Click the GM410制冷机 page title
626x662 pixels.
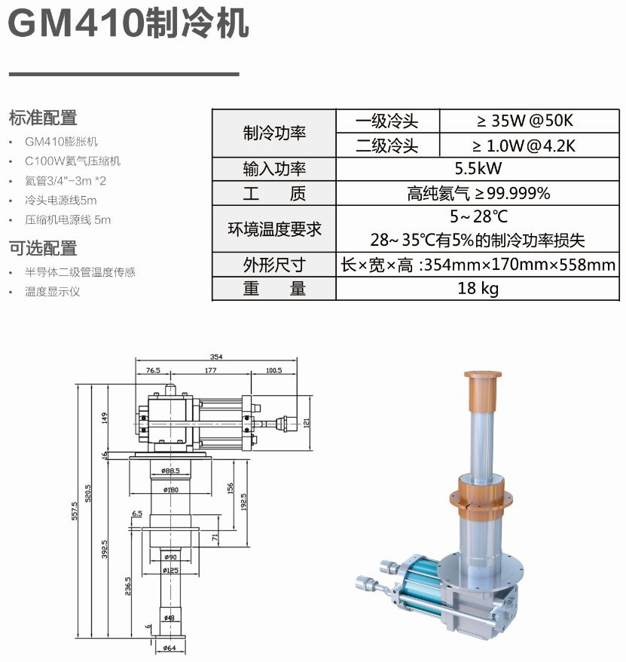pyautogui.click(x=128, y=23)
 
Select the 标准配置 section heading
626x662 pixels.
pyautogui.click(x=43, y=118)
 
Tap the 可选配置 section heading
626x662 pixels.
pyautogui.click(x=43, y=248)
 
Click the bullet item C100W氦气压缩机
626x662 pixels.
pyautogui.click(x=72, y=161)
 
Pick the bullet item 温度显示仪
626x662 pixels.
pyautogui.click(x=52, y=291)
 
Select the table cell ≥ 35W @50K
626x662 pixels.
pyautogui.click(x=525, y=121)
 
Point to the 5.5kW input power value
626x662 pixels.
pyautogui.click(x=478, y=168)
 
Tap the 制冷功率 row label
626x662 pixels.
pyautogui.click(x=274, y=133)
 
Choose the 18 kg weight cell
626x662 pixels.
pyautogui.click(x=478, y=288)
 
